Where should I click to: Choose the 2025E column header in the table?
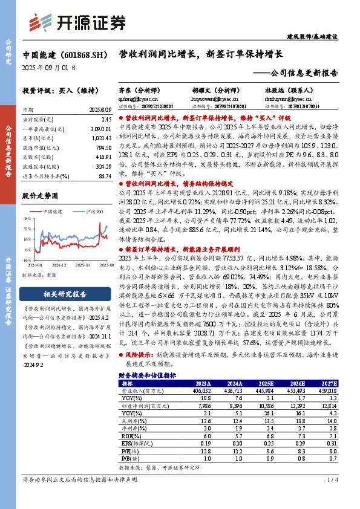pos(265,383)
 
